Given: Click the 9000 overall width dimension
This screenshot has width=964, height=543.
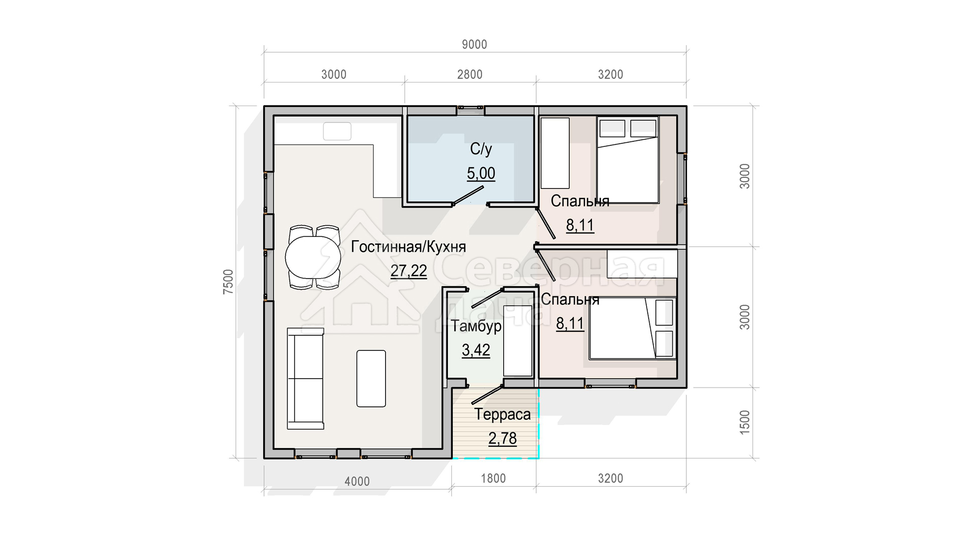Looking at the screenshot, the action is pos(474,45).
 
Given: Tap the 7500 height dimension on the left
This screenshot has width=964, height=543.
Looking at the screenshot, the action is pos(228,282).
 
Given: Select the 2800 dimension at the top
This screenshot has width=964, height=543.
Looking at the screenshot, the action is pos(470,74).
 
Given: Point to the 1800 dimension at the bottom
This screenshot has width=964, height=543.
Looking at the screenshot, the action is pos(494,478).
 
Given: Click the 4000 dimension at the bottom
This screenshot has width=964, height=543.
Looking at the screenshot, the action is pos(357,481).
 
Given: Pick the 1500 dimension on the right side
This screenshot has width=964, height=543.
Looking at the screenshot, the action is pos(745,422).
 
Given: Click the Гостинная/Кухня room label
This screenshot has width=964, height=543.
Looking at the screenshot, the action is pos(408,247).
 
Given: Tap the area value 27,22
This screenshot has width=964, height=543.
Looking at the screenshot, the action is pos(409,271).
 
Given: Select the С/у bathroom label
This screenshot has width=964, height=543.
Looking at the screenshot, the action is pos(481,149).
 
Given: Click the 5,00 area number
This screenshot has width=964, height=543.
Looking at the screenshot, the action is pos(481,173).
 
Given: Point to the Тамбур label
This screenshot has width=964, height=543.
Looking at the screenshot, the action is pos(476,326).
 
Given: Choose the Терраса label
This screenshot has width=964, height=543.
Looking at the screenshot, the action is pos(503,415).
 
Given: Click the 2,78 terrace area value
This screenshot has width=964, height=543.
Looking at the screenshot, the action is pos(503,439).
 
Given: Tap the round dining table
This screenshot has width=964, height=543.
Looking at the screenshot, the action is pos(313,257).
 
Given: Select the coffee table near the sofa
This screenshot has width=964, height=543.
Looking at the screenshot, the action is pos(371,379).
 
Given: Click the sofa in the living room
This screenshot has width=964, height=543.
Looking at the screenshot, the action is pos(305,379).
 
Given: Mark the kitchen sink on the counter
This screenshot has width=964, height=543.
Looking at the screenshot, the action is pos(337,131).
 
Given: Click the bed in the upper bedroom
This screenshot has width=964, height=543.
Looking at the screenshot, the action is pos(628,160).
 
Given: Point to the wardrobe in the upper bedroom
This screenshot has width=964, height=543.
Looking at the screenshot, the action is pos(555,153).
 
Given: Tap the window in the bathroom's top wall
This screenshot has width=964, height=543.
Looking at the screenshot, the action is pos(470,107).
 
